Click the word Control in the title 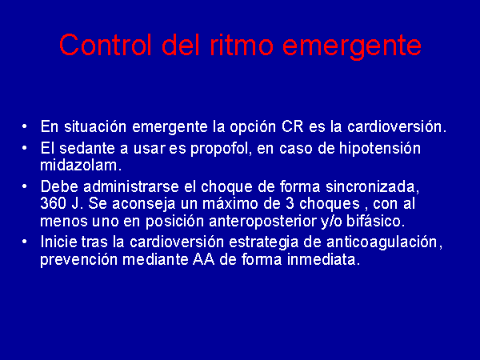pos(106,45)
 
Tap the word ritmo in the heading pos(242,45)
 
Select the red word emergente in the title pos(352,47)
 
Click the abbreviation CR pos(292,126)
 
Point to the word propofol pos(221,150)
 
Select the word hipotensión pos(379,149)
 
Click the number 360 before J pos(54,203)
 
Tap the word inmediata pos(323,260)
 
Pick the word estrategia pos(263,243)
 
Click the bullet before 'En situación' pos(25,126)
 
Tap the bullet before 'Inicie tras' pos(25,242)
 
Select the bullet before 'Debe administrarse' pos(25,186)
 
